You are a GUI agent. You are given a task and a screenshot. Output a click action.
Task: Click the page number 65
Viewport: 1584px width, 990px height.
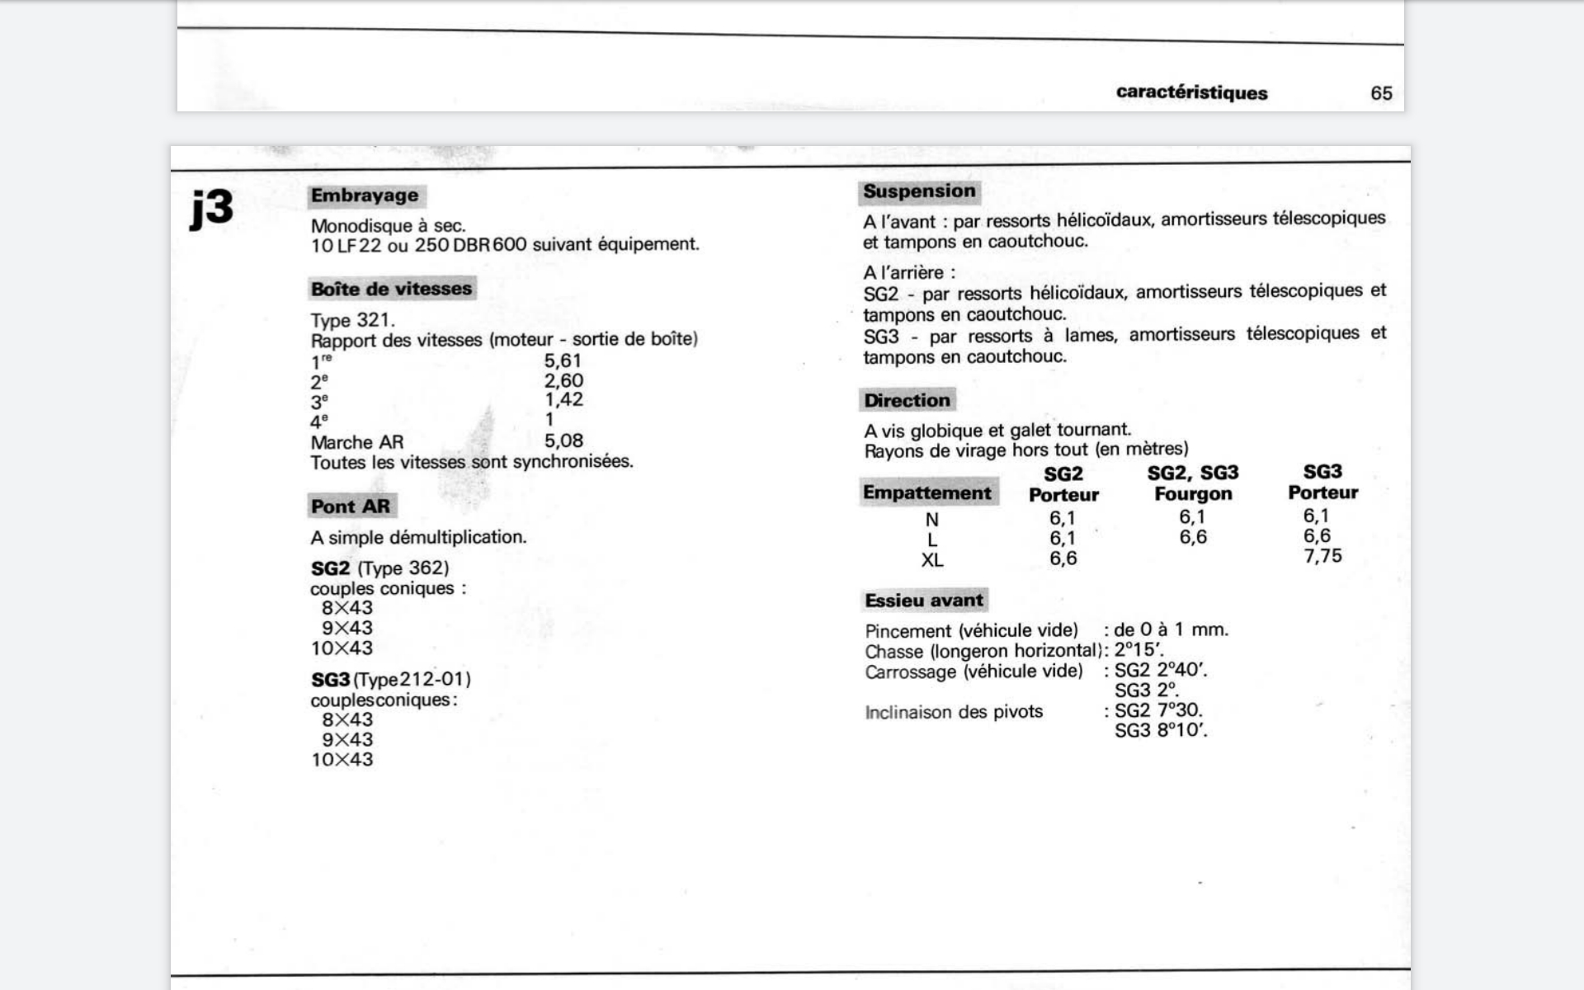(1381, 93)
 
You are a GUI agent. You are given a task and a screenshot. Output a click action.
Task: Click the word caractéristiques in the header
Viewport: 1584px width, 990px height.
(1191, 92)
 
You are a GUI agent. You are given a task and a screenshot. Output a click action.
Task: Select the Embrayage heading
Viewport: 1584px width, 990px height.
(365, 196)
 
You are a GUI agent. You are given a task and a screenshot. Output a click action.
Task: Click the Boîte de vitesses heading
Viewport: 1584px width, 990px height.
(391, 289)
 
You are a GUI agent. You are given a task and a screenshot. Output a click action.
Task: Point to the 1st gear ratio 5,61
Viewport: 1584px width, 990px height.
(563, 361)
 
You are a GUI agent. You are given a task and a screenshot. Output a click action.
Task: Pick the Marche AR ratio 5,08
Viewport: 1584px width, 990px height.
(563, 441)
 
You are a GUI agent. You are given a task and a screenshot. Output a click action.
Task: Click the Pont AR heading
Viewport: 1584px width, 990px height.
(351, 506)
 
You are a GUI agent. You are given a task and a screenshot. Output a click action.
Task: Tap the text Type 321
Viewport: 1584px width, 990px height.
(352, 320)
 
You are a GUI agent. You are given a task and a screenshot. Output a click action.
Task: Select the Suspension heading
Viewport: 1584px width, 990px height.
(919, 191)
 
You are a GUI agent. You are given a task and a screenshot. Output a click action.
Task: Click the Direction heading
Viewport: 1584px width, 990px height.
(907, 400)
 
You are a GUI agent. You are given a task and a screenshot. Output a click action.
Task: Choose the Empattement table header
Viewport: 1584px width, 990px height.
(927, 493)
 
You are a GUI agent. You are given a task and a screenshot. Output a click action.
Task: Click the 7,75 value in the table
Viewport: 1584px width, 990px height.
(1322, 556)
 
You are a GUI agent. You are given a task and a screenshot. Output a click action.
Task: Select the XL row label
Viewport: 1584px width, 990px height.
(932, 560)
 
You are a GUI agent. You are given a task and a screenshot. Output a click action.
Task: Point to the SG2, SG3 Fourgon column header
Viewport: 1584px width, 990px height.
(1193, 483)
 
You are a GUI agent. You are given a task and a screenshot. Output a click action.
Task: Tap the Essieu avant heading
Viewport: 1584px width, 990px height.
(924, 601)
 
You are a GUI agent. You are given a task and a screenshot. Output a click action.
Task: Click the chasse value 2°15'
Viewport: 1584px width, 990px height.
(1138, 650)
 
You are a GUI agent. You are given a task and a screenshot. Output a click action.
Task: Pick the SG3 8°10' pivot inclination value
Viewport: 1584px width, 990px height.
(1161, 730)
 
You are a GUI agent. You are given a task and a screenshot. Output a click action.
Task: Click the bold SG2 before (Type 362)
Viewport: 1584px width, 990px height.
(330, 568)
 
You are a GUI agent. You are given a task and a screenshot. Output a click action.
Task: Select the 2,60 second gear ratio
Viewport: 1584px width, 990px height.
(563, 380)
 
